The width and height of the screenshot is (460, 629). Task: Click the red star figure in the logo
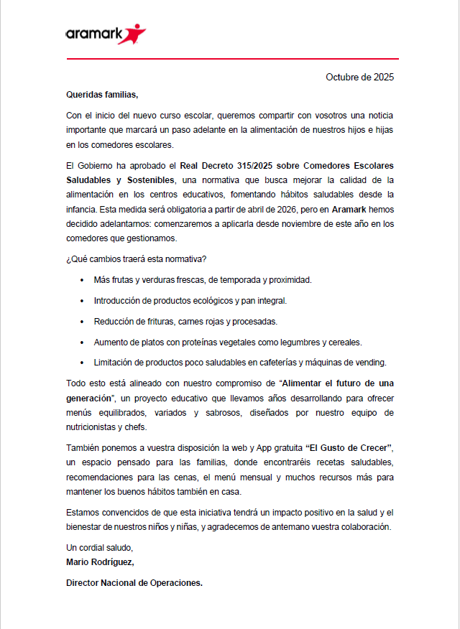point(134,32)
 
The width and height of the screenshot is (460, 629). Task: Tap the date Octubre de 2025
point(359,77)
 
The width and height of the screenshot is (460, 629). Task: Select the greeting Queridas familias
point(101,94)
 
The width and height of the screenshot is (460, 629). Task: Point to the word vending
point(371,362)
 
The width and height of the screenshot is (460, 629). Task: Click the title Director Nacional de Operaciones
point(134,583)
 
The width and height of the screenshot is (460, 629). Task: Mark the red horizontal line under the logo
point(230,59)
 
